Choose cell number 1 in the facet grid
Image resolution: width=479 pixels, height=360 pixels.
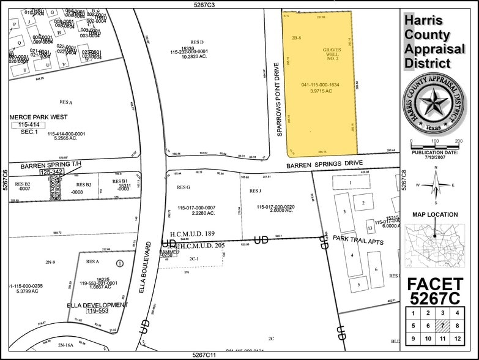click(413, 312)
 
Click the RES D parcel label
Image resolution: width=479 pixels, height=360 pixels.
click(187, 42)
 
